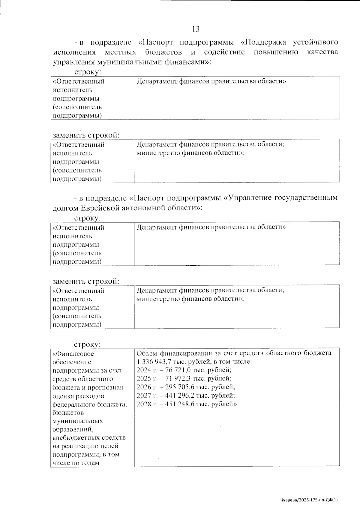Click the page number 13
point(196,29)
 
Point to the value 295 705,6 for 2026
point(179,387)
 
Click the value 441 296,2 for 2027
point(179,395)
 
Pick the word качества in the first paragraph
point(323,52)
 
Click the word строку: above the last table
point(87,344)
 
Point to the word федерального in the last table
point(74,404)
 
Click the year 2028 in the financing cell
point(142,404)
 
